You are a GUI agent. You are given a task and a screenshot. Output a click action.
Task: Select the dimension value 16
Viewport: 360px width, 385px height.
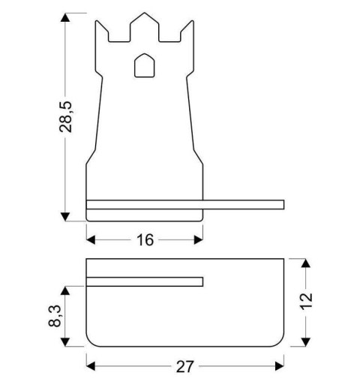(145, 239)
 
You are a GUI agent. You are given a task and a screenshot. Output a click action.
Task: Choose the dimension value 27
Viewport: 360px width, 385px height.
(184, 366)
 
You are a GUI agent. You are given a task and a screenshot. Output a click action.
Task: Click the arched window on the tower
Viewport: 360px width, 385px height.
(144, 66)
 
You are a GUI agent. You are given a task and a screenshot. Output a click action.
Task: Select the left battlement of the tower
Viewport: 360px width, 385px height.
(105, 29)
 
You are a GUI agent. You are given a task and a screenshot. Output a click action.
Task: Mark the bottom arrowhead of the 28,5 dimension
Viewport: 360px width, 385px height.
(67, 216)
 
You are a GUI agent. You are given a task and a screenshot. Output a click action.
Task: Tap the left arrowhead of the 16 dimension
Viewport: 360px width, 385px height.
(91, 239)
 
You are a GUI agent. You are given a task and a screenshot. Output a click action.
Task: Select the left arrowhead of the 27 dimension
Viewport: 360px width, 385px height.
(91, 366)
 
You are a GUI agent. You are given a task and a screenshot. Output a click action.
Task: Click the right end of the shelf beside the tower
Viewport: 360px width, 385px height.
(281, 204)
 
